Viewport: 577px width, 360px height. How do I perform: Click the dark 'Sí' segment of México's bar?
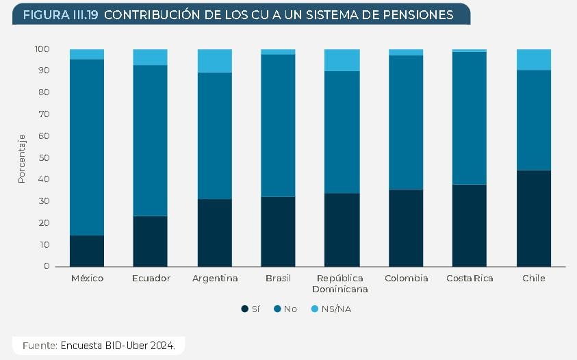pos(87,250)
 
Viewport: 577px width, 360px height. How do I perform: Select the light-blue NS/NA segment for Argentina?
pos(215,60)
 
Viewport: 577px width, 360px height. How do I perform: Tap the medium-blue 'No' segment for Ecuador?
pos(151,140)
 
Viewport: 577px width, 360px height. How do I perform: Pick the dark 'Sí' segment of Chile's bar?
pos(534,218)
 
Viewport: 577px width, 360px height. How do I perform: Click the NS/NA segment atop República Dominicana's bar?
pos(342,60)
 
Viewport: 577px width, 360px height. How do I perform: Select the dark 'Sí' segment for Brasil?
pos(279,231)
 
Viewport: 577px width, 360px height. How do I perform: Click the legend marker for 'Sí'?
pos(244,309)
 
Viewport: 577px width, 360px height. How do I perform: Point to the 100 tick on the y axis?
pos(42,49)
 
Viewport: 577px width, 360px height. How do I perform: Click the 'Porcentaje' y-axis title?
pos(21,158)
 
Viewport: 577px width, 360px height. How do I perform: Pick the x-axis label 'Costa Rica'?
pos(470,279)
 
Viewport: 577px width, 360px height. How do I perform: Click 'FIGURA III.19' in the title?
pos(60,14)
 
